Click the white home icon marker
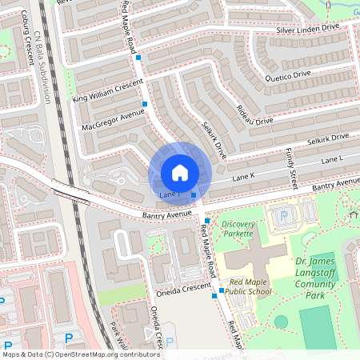coord(180,173)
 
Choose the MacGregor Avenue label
coord(113,120)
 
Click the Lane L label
coord(331,161)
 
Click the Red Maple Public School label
coord(247,287)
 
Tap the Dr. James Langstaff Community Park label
coord(319,278)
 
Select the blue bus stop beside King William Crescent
coord(145,104)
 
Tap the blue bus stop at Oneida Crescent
coord(214,296)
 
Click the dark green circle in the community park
coord(281,322)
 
